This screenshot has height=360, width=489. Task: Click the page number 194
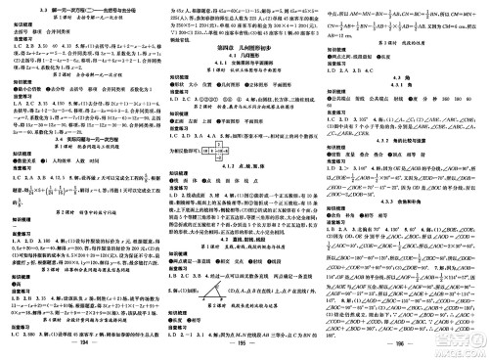pyautogui.click(x=85, y=346)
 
